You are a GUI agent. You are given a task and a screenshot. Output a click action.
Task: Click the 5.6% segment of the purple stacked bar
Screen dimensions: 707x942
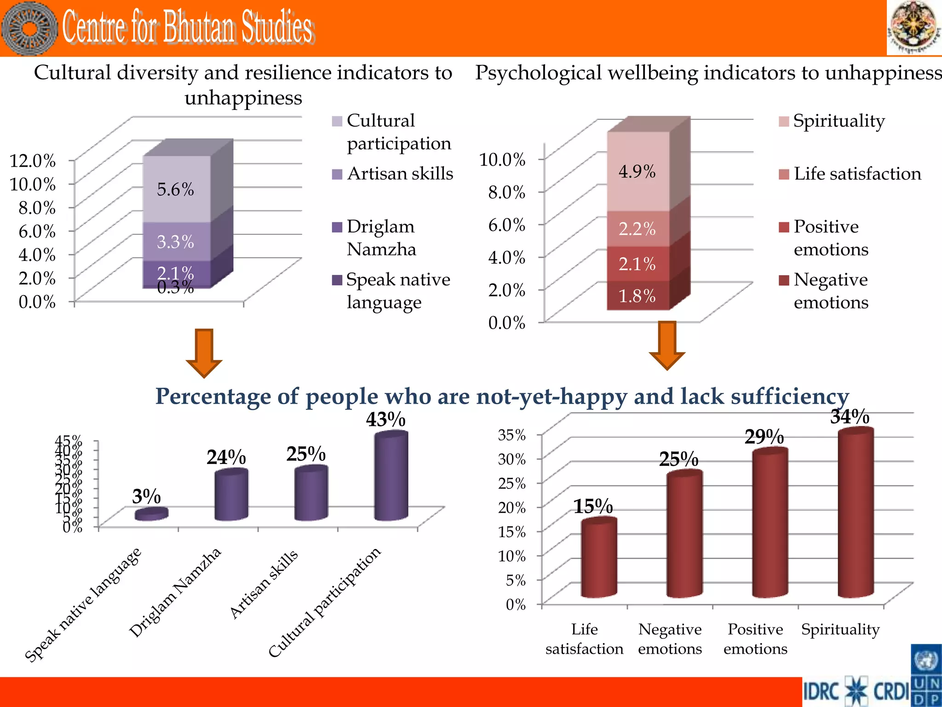point(176,190)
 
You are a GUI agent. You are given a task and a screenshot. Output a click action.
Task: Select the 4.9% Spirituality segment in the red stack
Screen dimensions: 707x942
point(638,172)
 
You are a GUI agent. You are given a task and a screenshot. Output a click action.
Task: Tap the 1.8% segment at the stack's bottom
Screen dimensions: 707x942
point(638,296)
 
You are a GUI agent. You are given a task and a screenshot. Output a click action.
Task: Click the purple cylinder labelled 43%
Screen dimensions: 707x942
point(391,476)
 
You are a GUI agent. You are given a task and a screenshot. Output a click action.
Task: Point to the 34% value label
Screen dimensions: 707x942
point(850,417)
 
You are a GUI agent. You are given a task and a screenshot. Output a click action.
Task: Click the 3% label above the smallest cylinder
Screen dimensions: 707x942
point(146,496)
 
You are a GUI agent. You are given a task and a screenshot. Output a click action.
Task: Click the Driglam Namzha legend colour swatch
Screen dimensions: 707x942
point(337,227)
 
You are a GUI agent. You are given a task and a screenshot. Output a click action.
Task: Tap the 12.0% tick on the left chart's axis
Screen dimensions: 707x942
point(32,161)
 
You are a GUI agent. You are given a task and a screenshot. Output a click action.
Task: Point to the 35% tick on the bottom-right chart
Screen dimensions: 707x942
point(511,435)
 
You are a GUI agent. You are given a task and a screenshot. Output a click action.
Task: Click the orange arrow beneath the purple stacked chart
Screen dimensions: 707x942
point(204,353)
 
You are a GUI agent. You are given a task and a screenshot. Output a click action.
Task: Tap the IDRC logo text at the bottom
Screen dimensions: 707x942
point(821,691)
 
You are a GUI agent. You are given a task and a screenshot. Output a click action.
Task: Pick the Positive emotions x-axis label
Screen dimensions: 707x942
point(755,638)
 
